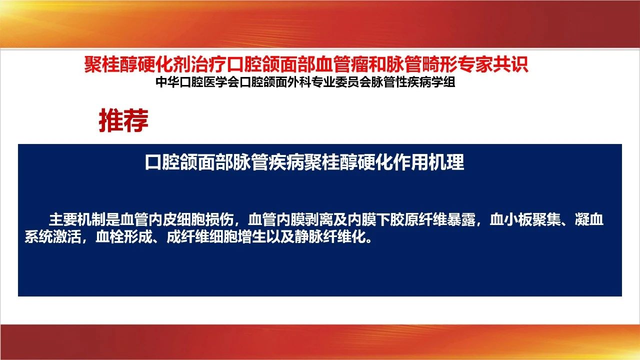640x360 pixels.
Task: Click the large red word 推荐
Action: (x=123, y=120)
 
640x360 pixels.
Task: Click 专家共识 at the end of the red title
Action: (x=492, y=64)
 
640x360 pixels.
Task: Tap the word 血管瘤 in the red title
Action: (x=341, y=64)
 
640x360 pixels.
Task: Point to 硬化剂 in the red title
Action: (x=164, y=64)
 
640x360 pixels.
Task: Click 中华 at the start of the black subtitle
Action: (x=167, y=82)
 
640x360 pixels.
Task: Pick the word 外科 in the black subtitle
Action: (x=299, y=82)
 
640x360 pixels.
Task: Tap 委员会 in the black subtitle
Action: (x=353, y=82)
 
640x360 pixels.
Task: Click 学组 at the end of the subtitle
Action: (x=443, y=82)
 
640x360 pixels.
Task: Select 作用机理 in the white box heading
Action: (x=428, y=162)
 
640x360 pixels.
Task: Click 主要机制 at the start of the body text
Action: (x=77, y=219)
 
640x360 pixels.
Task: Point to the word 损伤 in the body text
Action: (x=219, y=219)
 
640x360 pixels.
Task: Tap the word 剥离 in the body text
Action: (x=319, y=219)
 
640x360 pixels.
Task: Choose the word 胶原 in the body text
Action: (x=404, y=219)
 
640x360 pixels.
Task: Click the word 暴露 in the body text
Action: (x=461, y=219)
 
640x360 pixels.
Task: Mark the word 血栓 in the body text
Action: (x=109, y=237)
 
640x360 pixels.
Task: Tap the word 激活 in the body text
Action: (x=67, y=237)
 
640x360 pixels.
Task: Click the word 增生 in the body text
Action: (x=251, y=237)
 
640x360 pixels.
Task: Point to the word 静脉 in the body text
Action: (x=308, y=237)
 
